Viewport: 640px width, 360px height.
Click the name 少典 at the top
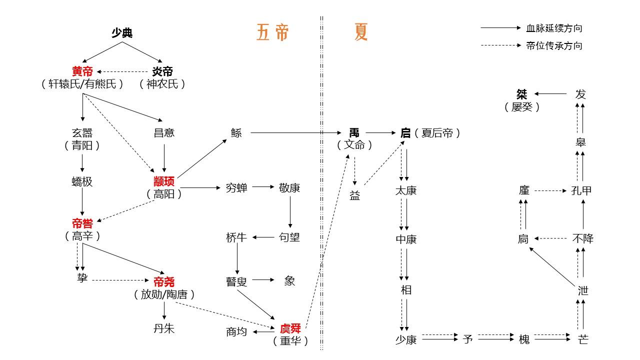click(x=121, y=33)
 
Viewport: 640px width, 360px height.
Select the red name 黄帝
click(x=82, y=71)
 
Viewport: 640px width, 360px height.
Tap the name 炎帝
click(x=162, y=71)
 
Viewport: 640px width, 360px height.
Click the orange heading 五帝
click(x=272, y=32)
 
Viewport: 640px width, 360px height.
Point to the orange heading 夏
click(x=361, y=32)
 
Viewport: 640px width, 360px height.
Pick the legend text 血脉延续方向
click(x=554, y=28)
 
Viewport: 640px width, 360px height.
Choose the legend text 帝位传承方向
click(x=554, y=45)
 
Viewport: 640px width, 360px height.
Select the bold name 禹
click(x=354, y=133)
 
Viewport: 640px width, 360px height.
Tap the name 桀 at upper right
click(x=522, y=94)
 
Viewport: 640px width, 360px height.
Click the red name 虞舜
click(x=290, y=328)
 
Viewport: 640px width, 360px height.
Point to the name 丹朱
click(x=164, y=329)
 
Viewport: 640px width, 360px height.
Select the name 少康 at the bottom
click(x=406, y=339)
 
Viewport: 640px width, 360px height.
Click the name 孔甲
click(x=581, y=190)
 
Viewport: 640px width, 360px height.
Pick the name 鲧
click(x=236, y=133)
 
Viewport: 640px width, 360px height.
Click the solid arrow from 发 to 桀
click(x=550, y=93)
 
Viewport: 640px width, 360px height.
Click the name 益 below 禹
click(x=354, y=196)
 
